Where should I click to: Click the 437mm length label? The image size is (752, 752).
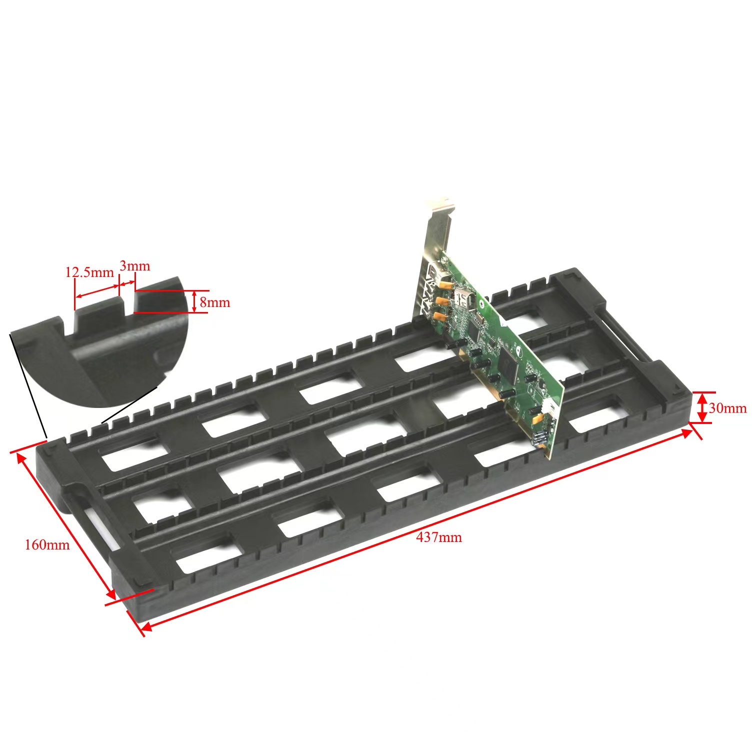tap(438, 537)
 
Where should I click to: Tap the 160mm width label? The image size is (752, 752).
tap(47, 544)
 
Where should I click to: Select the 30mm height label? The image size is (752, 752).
tap(727, 408)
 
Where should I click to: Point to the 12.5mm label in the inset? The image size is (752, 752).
tap(89, 272)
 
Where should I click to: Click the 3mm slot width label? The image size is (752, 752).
tap(134, 265)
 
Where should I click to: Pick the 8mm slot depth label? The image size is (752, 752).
tap(215, 302)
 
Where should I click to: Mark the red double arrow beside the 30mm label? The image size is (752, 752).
tap(702, 407)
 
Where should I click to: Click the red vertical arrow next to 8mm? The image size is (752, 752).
tap(194, 301)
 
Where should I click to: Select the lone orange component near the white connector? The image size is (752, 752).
tap(537, 419)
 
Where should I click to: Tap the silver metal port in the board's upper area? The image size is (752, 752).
tap(464, 300)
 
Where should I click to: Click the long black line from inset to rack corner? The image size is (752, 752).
tap(27, 385)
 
